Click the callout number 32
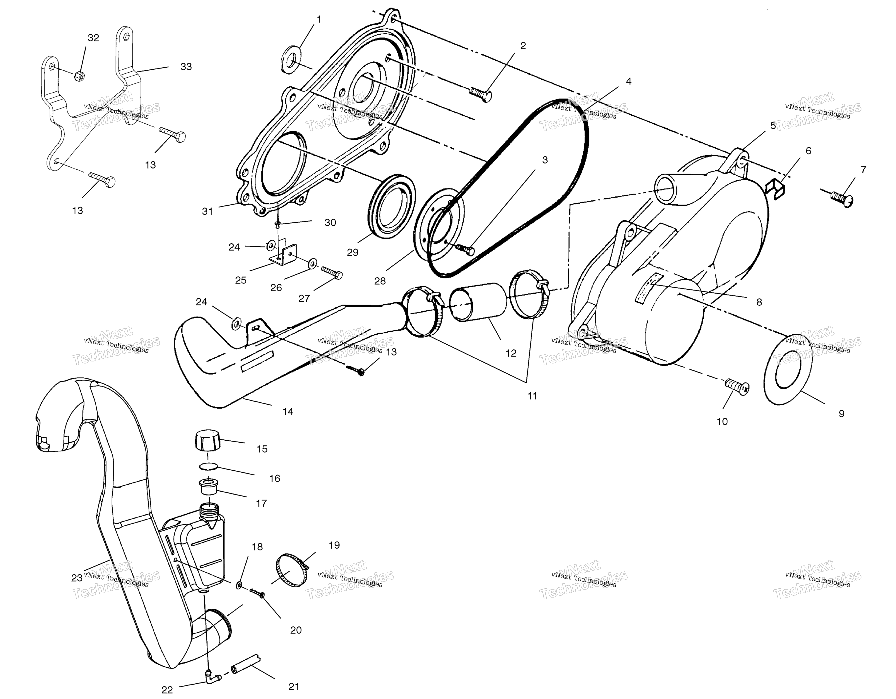click(93, 38)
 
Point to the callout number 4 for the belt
click(629, 81)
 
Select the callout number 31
click(208, 211)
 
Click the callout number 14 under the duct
click(288, 412)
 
